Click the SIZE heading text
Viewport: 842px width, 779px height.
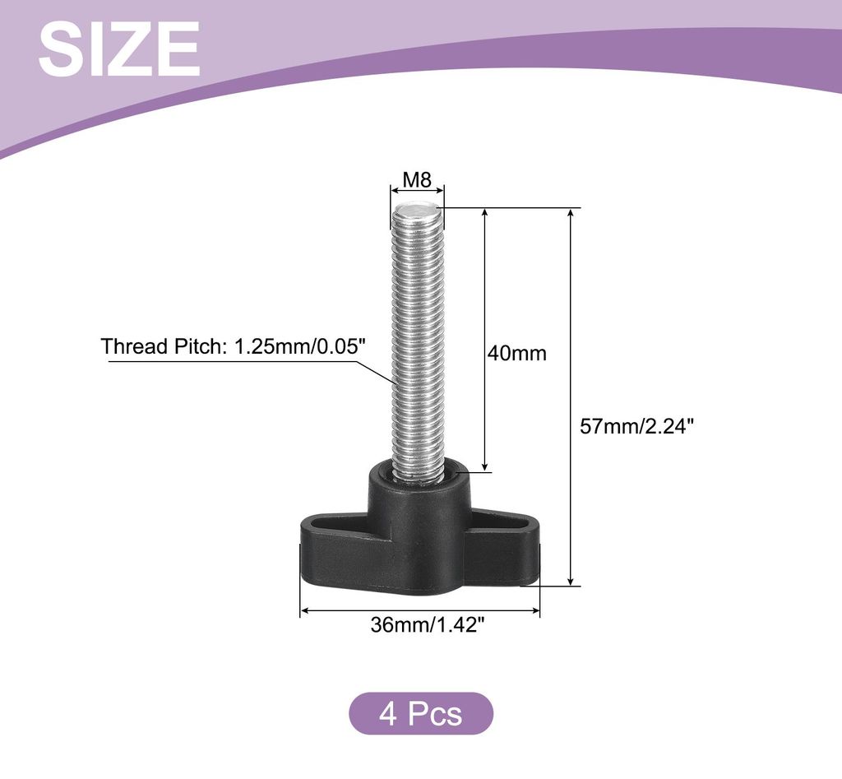tap(119, 49)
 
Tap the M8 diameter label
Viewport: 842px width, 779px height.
tap(417, 179)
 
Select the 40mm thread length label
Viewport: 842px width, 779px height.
tap(516, 353)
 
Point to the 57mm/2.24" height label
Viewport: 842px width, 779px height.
tap(637, 427)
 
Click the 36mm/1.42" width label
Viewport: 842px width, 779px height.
tap(428, 624)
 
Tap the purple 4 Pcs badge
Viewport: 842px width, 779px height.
tap(421, 713)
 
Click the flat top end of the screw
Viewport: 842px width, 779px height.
tap(417, 208)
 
